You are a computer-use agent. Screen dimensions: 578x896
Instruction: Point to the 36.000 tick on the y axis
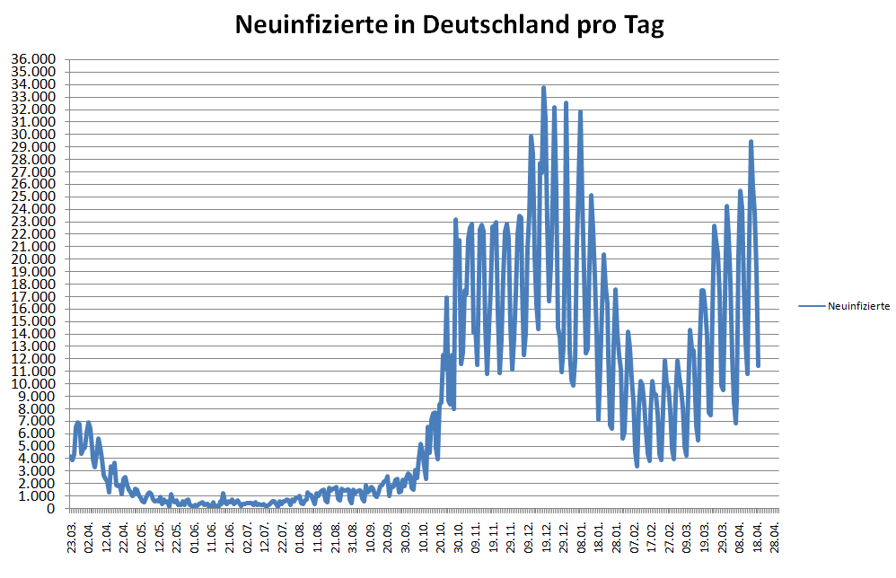[x=33, y=59]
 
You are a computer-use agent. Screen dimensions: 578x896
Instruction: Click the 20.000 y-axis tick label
[x=33, y=258]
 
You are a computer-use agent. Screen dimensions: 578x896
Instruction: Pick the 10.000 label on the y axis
[x=33, y=383]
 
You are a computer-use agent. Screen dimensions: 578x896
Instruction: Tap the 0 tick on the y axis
[x=51, y=508]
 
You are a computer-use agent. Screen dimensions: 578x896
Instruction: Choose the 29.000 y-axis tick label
[x=33, y=146]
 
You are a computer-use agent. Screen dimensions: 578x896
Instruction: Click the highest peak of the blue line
[x=544, y=88]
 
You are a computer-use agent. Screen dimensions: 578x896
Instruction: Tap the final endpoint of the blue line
[x=759, y=365]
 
